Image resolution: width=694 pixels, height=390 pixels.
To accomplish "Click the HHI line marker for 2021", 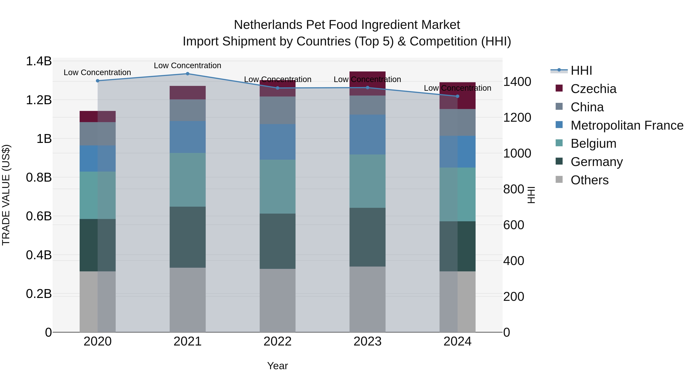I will [188, 74].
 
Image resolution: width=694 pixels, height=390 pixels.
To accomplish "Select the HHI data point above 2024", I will [457, 96].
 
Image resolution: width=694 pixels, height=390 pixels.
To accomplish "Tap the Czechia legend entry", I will [593, 89].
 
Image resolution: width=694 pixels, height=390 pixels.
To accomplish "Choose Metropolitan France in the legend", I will [627, 125].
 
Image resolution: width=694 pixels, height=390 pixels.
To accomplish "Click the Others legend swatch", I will [559, 179].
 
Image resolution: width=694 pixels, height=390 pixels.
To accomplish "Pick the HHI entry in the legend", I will [581, 70].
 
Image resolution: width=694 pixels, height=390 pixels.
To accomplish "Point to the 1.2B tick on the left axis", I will [39, 100].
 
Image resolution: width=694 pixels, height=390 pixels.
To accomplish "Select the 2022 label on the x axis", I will [277, 341].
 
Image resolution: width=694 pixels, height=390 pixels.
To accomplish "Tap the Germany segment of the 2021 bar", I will [188, 237].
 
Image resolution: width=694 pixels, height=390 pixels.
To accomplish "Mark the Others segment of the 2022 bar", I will [277, 300].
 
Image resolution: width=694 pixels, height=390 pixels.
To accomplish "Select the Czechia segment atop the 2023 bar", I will [367, 83].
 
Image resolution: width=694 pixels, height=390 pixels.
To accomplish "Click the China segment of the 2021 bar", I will [188, 110].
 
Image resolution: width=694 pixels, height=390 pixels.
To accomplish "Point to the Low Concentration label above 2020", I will [97, 72].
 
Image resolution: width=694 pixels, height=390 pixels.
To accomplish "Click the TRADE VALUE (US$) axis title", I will [6, 195].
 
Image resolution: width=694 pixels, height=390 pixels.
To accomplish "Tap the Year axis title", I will [277, 366].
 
